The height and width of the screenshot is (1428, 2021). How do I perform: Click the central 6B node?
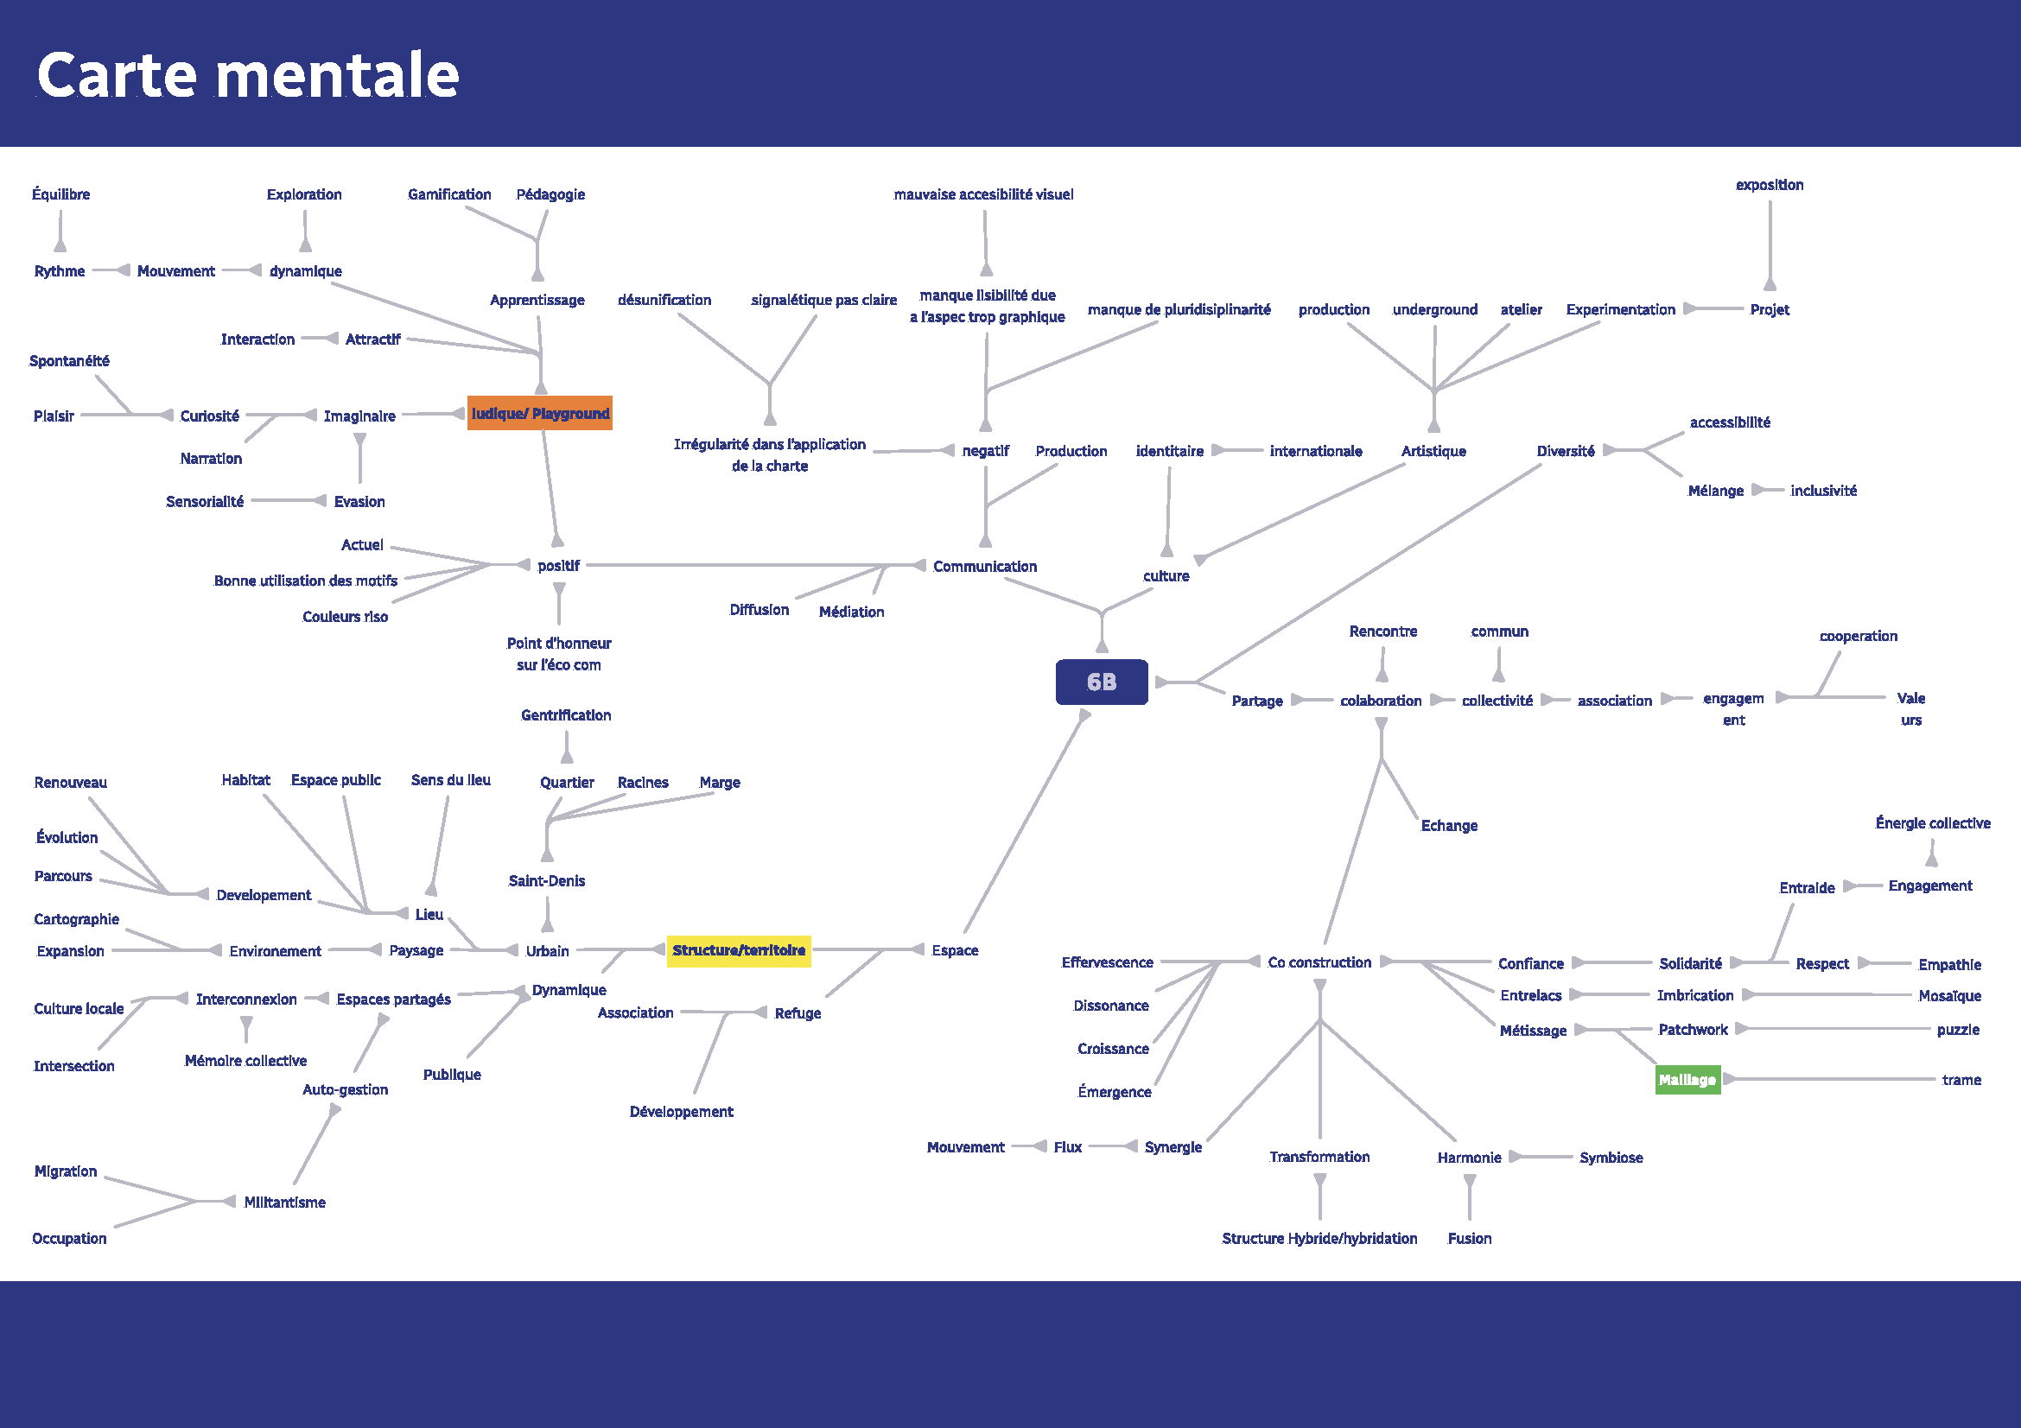[1101, 682]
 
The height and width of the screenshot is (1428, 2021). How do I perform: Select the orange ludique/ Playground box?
[539, 414]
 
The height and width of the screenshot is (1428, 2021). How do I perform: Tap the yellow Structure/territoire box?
[739, 950]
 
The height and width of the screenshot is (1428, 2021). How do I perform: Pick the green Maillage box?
[1687, 1080]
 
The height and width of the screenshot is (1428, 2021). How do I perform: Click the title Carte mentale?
[247, 75]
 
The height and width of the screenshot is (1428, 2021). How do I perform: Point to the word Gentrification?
[566, 715]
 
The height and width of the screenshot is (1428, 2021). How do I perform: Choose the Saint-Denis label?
[547, 881]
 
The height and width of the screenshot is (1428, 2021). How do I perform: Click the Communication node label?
[984, 567]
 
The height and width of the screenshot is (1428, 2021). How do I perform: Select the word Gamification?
[449, 194]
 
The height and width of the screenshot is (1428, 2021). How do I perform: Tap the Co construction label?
[1319, 962]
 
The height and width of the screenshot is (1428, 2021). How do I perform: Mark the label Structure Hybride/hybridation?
[1319, 1238]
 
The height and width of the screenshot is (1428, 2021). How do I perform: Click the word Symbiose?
[1611, 1158]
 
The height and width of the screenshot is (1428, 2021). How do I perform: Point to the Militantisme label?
[284, 1203]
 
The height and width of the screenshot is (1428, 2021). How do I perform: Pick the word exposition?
[1770, 185]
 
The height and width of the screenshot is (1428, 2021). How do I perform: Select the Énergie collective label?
[1932, 823]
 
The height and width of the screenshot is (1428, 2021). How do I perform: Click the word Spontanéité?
[69, 361]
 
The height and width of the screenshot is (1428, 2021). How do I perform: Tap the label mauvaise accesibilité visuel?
[983, 194]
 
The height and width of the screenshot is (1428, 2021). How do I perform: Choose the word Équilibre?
[60, 194]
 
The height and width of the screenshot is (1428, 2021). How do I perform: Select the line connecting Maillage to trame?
[1831, 1080]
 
